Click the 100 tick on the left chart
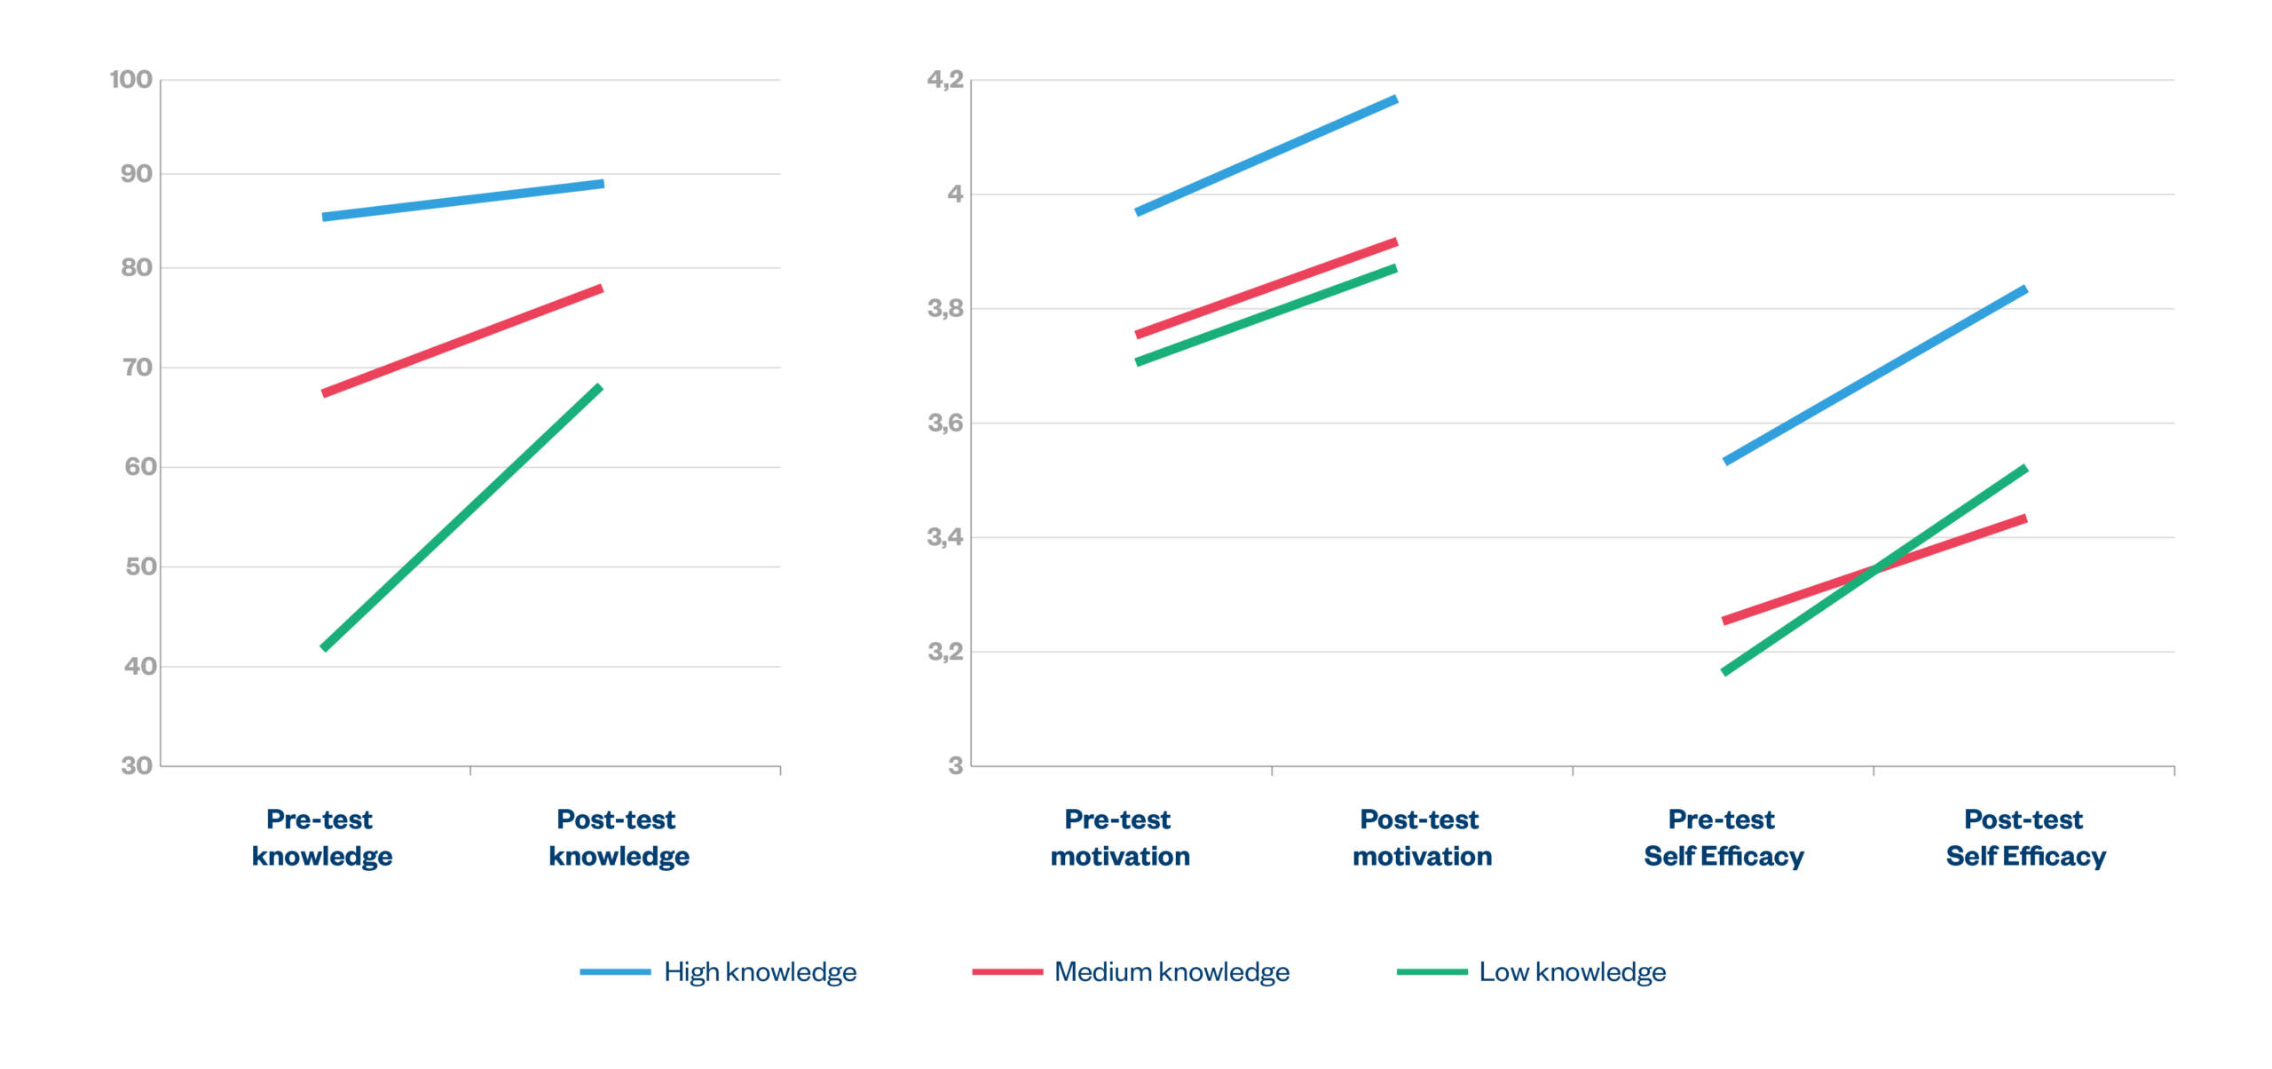130,80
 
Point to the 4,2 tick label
944,80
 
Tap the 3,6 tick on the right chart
944,423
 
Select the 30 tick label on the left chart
137,765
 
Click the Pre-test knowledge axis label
321,837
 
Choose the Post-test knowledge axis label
618,837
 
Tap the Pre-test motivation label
1119,837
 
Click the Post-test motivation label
1421,837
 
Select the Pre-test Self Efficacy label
1723,837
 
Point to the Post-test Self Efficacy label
2025,837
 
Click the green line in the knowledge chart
461,518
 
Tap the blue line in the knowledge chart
461,201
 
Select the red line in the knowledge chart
461,341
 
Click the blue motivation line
1266,155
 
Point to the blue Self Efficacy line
1874,376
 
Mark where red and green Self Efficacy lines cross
1874,569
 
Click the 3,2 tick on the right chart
944,652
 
